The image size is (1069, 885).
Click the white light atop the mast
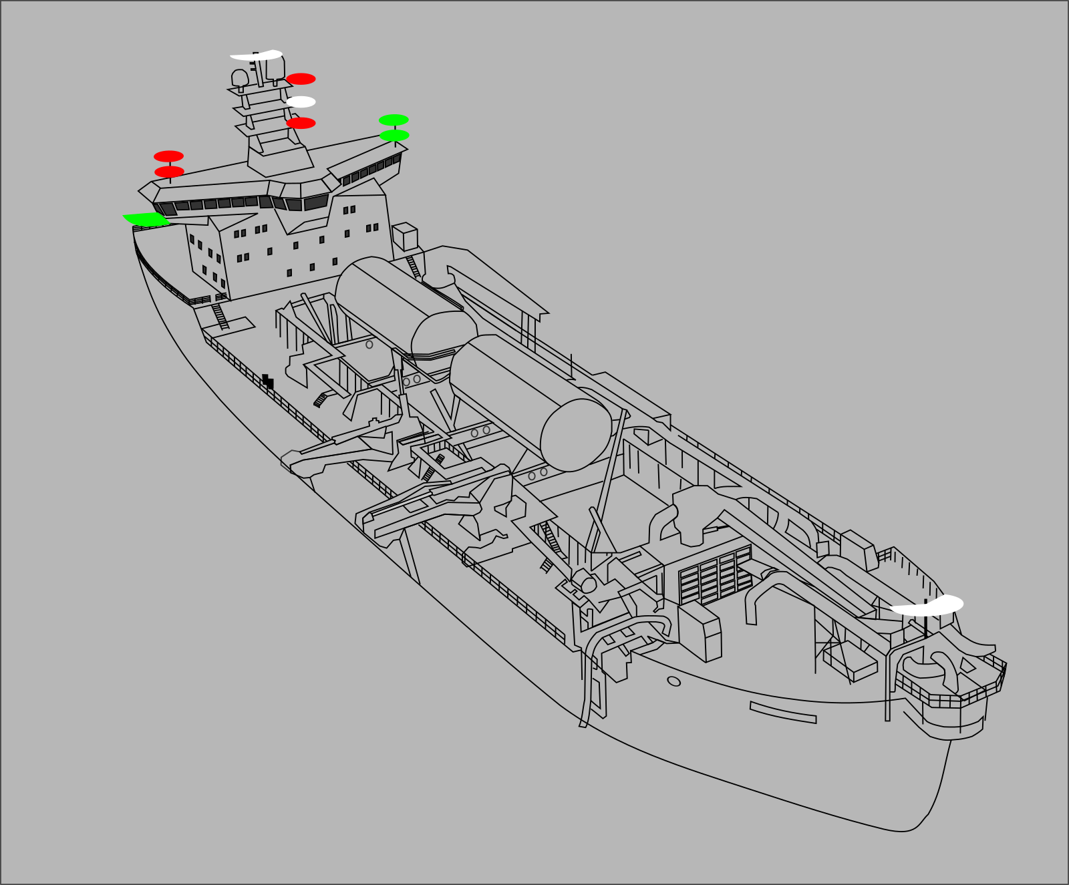(256, 55)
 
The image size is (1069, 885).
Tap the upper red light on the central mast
(301, 79)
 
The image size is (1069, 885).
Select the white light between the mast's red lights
(301, 102)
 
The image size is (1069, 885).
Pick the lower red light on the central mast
(301, 123)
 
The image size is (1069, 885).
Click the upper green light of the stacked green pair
(394, 120)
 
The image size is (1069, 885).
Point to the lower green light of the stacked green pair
(394, 136)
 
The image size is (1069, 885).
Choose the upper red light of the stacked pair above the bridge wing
(168, 156)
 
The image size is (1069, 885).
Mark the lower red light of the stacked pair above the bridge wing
(169, 172)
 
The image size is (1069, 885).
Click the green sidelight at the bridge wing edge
(147, 219)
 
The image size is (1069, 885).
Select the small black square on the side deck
(267, 381)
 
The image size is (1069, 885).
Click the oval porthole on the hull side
(674, 681)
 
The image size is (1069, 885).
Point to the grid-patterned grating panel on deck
(715, 574)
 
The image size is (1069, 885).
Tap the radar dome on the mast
(240, 77)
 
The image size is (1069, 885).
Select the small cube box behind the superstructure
(405, 237)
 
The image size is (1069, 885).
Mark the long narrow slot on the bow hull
(783, 712)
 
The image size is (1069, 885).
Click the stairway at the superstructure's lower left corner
(220, 317)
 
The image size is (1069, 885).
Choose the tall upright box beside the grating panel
(700, 631)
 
